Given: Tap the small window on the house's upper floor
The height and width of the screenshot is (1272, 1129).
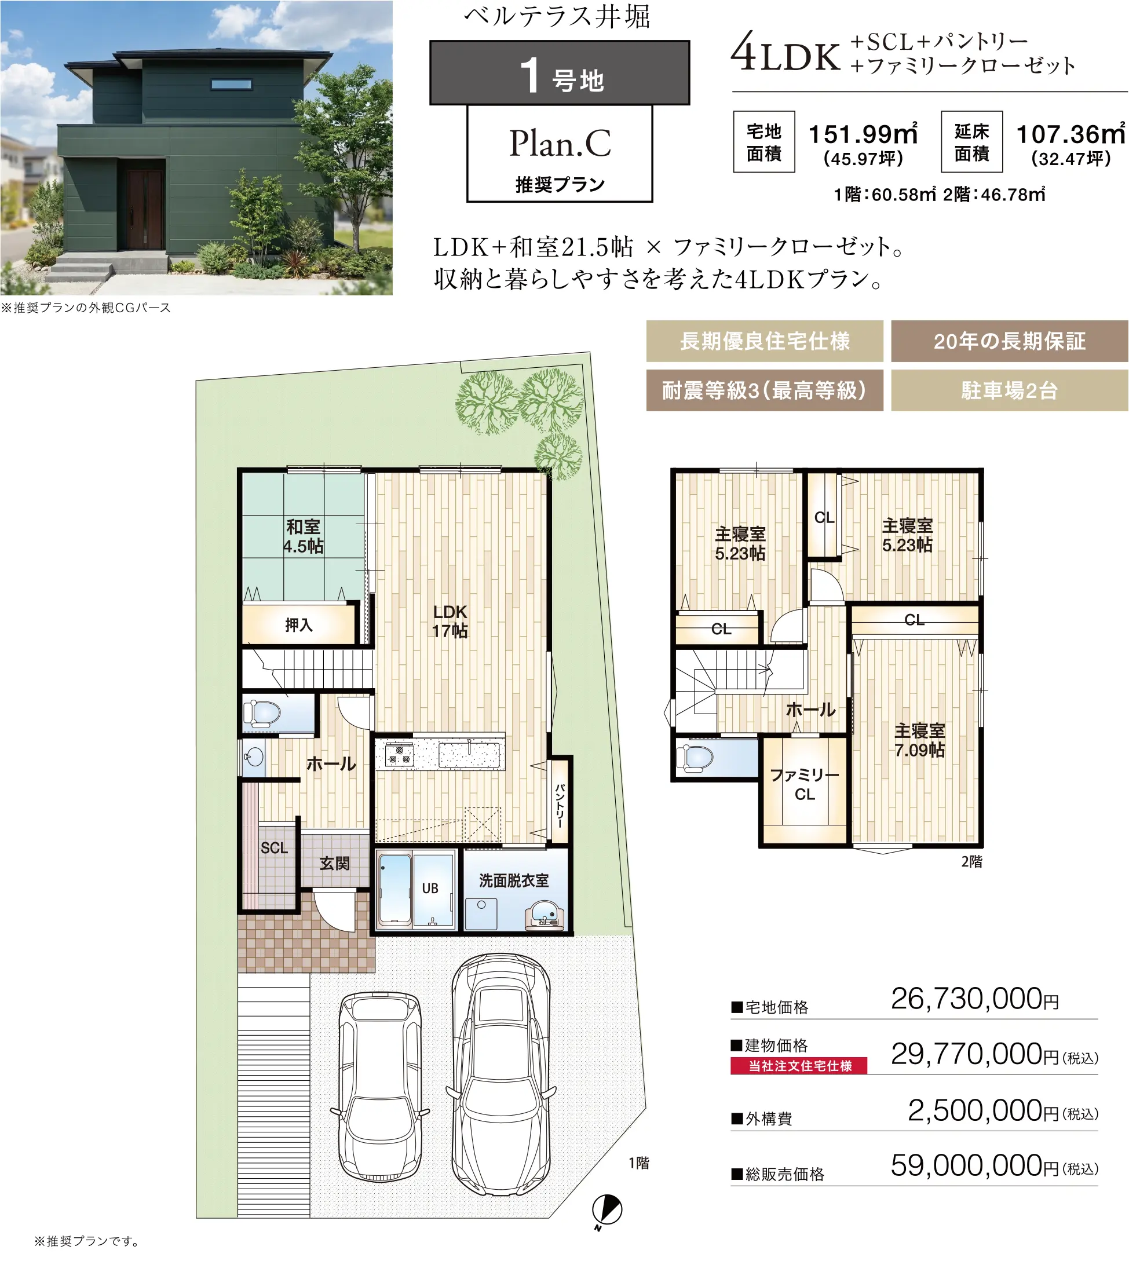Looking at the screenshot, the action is click(231, 84).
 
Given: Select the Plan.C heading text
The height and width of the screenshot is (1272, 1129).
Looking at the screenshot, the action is click(560, 143).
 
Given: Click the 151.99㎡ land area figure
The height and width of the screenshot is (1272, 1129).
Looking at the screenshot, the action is click(863, 134).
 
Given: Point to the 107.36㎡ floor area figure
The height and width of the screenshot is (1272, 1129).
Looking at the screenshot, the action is click(1070, 134).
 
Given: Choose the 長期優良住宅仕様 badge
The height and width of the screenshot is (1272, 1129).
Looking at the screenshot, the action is click(764, 341).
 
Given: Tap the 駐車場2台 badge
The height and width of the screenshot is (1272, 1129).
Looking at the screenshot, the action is click(1010, 390).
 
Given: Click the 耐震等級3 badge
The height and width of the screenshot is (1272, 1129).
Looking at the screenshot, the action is click(764, 390).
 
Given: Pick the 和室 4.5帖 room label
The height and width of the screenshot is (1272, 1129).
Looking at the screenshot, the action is click(303, 536).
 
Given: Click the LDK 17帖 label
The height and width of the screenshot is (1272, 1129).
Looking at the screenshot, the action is click(450, 621).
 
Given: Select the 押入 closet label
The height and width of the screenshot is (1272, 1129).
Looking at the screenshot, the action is click(299, 625).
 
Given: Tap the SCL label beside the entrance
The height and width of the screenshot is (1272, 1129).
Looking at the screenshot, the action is click(274, 847).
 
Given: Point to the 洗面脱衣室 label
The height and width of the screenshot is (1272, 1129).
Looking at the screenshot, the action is click(514, 880).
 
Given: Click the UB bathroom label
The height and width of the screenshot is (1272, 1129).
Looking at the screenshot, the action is click(430, 888).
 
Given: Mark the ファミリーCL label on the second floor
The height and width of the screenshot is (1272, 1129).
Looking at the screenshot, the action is click(805, 784).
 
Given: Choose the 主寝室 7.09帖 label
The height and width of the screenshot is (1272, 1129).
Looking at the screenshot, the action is click(919, 740).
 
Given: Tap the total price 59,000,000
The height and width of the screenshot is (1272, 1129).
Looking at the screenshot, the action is click(967, 1165).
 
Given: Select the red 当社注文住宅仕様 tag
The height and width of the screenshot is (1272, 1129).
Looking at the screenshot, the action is click(799, 1066).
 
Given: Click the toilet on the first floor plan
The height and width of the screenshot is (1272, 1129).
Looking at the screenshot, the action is click(262, 713).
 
